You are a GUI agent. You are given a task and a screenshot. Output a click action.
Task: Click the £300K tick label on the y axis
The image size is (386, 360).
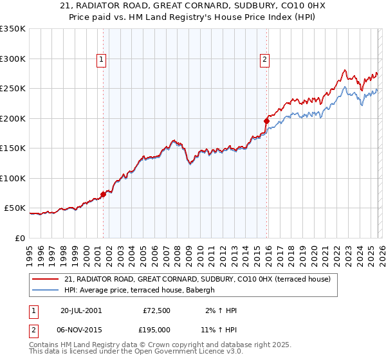pos(13,59)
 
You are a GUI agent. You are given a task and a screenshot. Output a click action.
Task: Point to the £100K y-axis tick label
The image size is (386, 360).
pos(13,178)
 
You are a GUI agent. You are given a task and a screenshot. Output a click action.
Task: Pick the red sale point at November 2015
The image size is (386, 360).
pos(266,121)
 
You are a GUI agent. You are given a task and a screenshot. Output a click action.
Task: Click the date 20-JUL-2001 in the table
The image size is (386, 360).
pos(80,310)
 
